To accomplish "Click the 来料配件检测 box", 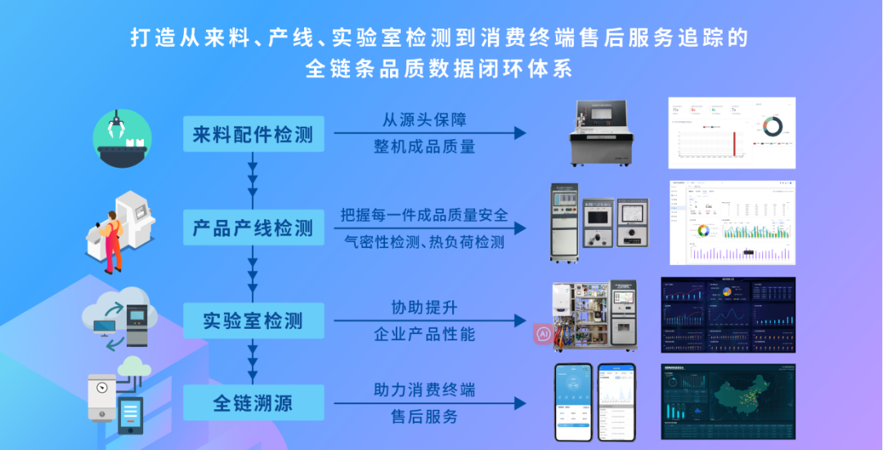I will click(x=253, y=134).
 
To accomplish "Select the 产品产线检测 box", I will click(x=253, y=227).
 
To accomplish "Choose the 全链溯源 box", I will click(x=253, y=403).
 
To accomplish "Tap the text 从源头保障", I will click(x=424, y=119).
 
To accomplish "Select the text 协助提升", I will click(x=424, y=308).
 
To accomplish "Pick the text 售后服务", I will click(x=424, y=416).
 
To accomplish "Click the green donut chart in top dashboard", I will click(x=772, y=125).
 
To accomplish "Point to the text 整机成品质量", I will click(x=424, y=146).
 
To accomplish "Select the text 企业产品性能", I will click(x=424, y=335).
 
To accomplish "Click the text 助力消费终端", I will click(x=424, y=389).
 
